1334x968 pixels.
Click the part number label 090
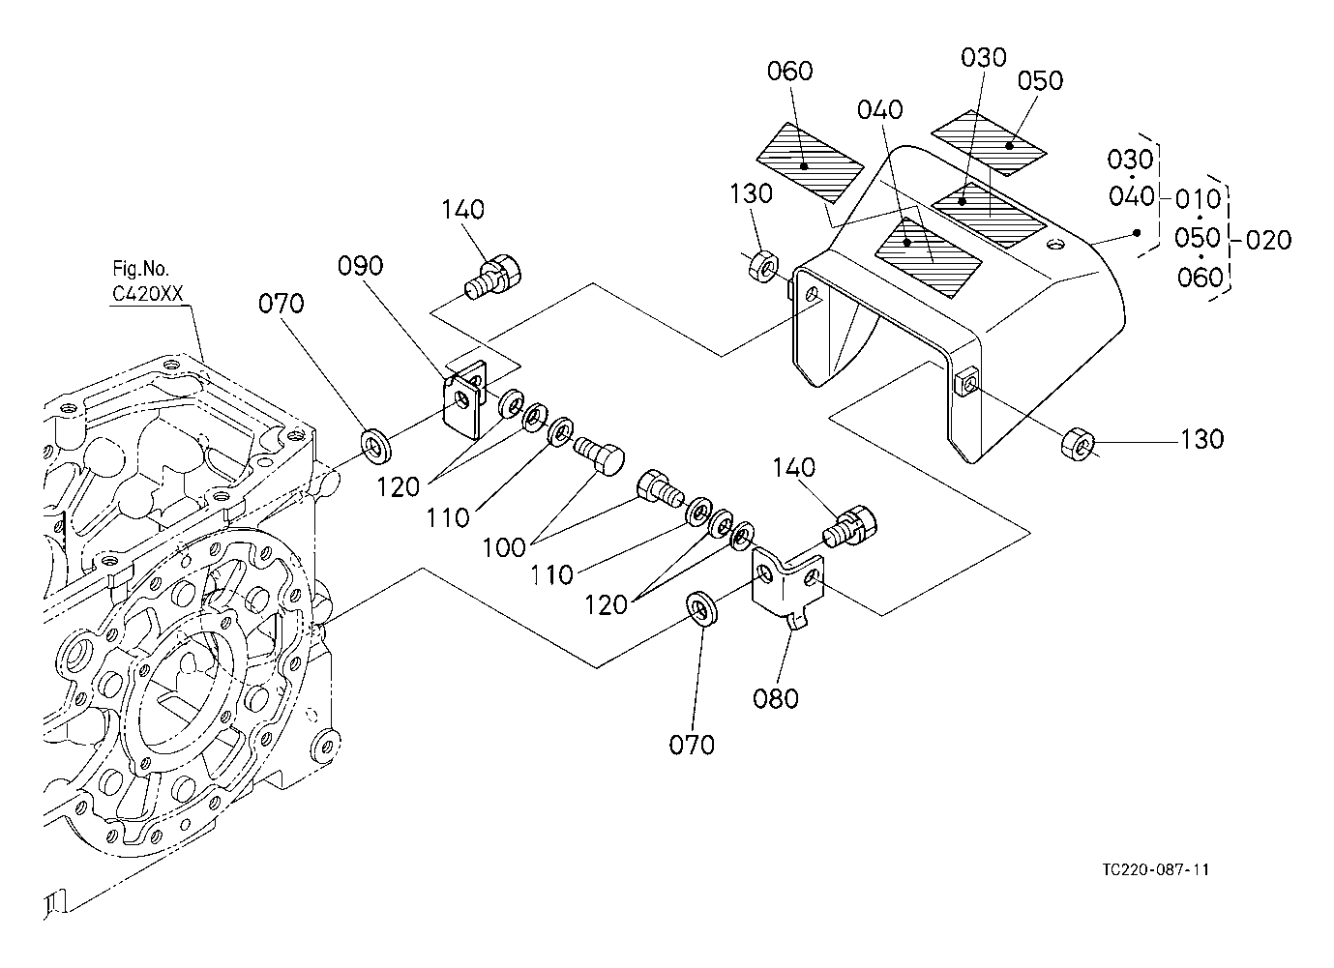360,266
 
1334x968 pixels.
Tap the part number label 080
776,698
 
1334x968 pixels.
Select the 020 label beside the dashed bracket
1268,240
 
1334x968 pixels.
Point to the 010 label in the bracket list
1198,199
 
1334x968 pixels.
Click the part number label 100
504,547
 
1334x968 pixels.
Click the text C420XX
148,294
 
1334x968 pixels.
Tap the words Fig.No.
140,269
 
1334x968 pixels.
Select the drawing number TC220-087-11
1156,869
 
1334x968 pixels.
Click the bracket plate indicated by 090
465,401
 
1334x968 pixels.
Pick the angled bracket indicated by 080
786,586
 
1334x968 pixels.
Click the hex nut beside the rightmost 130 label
1077,444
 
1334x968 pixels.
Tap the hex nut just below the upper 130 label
761,267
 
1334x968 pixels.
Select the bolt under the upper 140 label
493,277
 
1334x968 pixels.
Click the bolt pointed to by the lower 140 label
849,526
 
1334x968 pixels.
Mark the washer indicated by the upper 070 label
376,444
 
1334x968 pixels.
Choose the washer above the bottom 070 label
702,608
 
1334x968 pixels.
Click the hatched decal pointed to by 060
810,161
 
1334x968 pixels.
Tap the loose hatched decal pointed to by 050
990,143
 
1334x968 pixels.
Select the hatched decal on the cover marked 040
928,257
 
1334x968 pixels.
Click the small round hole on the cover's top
1055,244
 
